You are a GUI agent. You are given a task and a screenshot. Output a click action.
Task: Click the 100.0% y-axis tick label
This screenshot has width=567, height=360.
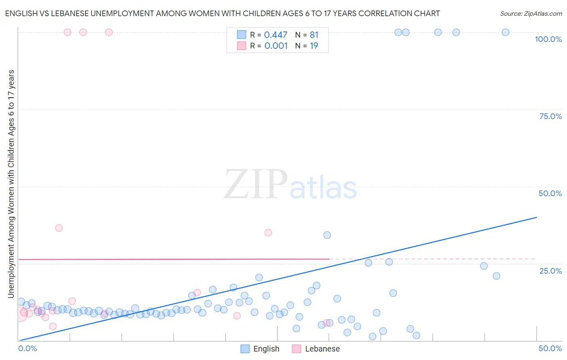pos(548,39)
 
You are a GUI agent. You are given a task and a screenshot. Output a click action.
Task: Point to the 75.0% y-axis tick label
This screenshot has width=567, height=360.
pos(550,116)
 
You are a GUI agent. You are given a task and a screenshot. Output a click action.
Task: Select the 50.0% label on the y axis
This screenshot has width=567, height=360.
pos(550,193)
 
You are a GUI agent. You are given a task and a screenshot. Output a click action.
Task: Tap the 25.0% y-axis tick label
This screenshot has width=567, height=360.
pos(550,270)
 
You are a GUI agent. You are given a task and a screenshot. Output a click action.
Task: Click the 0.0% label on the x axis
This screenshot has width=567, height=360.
pos(27,348)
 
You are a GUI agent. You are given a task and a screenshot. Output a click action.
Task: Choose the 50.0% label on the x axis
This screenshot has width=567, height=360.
pos(550,348)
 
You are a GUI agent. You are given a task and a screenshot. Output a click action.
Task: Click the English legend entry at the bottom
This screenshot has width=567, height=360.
pos(260,349)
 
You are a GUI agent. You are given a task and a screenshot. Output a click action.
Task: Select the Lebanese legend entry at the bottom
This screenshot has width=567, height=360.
pos(317,349)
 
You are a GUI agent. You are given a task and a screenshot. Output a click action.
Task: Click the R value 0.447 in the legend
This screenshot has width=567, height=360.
pos(275,35)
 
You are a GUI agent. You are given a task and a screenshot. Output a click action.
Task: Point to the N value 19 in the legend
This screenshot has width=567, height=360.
pos(314,46)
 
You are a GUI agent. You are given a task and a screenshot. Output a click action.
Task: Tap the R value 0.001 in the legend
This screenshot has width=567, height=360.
pos(276,46)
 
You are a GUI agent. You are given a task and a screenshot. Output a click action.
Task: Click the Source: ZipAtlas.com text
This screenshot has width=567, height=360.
pos(531,13)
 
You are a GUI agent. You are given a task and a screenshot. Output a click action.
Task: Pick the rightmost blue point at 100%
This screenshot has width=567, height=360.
pos(505,32)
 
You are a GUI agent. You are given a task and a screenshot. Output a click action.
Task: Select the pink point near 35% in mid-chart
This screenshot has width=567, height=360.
pos(268,232)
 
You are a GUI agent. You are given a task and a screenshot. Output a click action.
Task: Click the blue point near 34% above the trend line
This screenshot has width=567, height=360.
pos(327,235)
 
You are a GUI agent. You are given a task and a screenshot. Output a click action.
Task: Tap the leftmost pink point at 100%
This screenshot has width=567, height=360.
pos(68,32)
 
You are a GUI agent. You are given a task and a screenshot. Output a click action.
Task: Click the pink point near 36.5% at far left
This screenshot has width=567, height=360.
pos(59,228)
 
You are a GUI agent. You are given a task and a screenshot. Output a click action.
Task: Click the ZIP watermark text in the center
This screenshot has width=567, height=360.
pos(256,185)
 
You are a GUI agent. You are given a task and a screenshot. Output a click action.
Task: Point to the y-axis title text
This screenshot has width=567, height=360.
pos(11,184)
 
